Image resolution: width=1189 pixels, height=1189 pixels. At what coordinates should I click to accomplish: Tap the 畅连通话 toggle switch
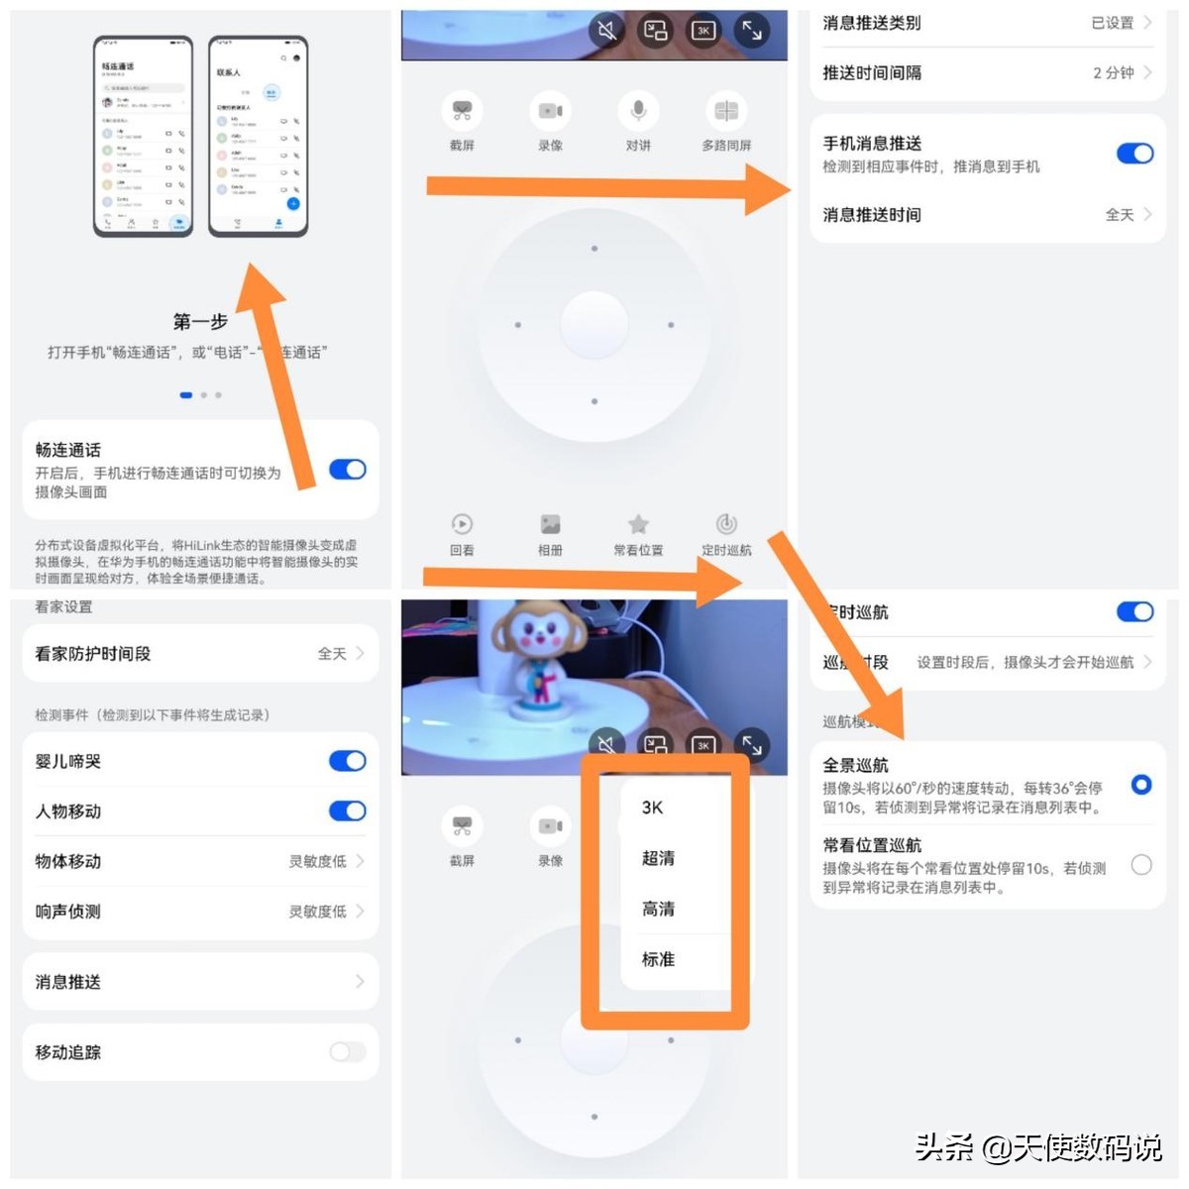pos(348,470)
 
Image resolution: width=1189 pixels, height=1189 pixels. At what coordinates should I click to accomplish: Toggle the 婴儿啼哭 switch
pos(348,761)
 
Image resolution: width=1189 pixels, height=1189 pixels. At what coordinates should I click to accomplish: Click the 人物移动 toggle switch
pos(348,811)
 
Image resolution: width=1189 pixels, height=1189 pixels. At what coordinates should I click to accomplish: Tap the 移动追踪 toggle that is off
pos(348,1051)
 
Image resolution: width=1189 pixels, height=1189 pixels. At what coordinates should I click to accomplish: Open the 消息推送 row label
pos(68,982)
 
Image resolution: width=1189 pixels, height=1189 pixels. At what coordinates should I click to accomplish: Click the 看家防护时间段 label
pos(93,654)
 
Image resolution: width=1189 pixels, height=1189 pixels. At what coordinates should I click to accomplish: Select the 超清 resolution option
pos(658,858)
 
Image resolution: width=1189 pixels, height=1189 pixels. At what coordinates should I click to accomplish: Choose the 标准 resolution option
pos(658,959)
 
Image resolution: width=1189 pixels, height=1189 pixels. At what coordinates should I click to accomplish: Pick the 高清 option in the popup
pos(658,909)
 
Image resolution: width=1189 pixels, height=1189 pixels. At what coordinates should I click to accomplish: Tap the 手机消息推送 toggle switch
pos(1135,154)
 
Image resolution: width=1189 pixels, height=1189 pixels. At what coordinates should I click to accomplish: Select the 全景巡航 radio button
pos(1141,785)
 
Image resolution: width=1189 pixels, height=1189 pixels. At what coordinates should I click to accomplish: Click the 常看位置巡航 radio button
pos(1141,865)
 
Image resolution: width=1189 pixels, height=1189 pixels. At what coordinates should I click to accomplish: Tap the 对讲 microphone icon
pos(639,111)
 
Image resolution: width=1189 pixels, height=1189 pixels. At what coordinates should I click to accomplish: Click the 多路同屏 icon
pos(726,111)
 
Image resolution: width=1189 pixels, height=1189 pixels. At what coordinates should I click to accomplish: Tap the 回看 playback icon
pos(462,524)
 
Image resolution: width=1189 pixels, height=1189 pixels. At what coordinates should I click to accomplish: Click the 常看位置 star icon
pos(639,524)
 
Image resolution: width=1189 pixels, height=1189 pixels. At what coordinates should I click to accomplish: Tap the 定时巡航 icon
pos(726,524)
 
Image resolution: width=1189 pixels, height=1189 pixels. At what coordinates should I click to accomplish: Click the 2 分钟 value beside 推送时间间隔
pos(1114,73)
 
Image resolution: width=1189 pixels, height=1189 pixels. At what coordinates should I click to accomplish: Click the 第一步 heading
pos(200,321)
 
